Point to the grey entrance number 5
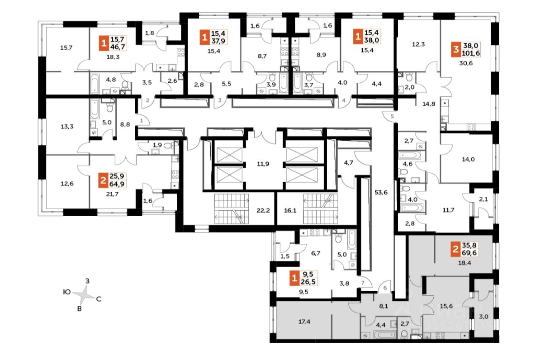click(x=392, y=117)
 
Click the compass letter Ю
click(x=66, y=292)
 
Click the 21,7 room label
click(x=112, y=193)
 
